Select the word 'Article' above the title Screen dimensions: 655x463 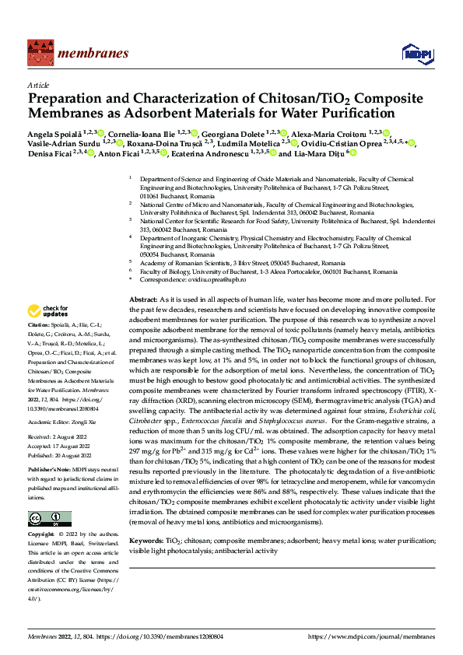pyautogui.click(x=38, y=85)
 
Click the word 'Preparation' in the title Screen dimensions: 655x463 pyautogui.click(x=68, y=100)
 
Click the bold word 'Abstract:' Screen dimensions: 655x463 pyautogui.click(x=143, y=299)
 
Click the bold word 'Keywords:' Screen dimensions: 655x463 pyautogui.click(x=146, y=539)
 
